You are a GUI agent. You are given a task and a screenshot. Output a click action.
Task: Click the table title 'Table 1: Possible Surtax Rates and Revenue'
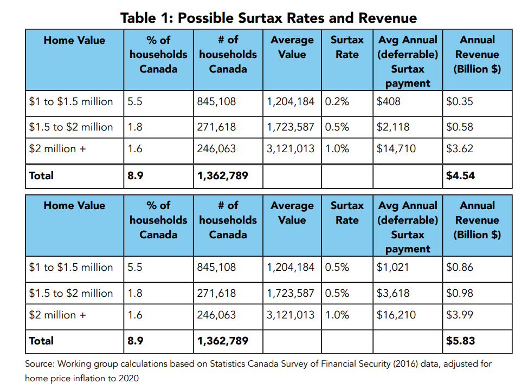point(268,17)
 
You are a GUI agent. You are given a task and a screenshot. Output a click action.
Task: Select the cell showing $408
point(389,101)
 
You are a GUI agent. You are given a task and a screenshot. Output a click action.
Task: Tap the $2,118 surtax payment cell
point(393,127)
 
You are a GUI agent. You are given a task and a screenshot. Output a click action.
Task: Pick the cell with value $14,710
point(396,148)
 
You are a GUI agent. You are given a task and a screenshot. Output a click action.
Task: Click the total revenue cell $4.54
point(460,176)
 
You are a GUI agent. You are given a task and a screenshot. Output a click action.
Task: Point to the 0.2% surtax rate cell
point(337,101)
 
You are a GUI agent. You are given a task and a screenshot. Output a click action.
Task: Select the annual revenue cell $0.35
point(459,101)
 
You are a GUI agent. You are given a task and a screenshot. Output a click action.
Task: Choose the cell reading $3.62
point(459,148)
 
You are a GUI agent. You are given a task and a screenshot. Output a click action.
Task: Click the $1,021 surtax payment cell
point(393,267)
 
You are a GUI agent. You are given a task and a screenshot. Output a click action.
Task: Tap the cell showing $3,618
point(393,293)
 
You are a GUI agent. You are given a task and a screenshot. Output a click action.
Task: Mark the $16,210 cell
point(396,315)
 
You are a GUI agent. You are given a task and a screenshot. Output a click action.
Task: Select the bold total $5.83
point(460,341)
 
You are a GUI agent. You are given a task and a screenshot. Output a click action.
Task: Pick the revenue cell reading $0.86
point(459,267)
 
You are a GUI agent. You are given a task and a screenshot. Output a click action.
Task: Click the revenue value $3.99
point(459,315)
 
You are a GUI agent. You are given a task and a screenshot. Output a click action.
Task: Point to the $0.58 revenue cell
point(459,127)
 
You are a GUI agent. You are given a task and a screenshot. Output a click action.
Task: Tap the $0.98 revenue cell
point(459,293)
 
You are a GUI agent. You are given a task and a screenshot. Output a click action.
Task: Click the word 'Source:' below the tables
point(40,364)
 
